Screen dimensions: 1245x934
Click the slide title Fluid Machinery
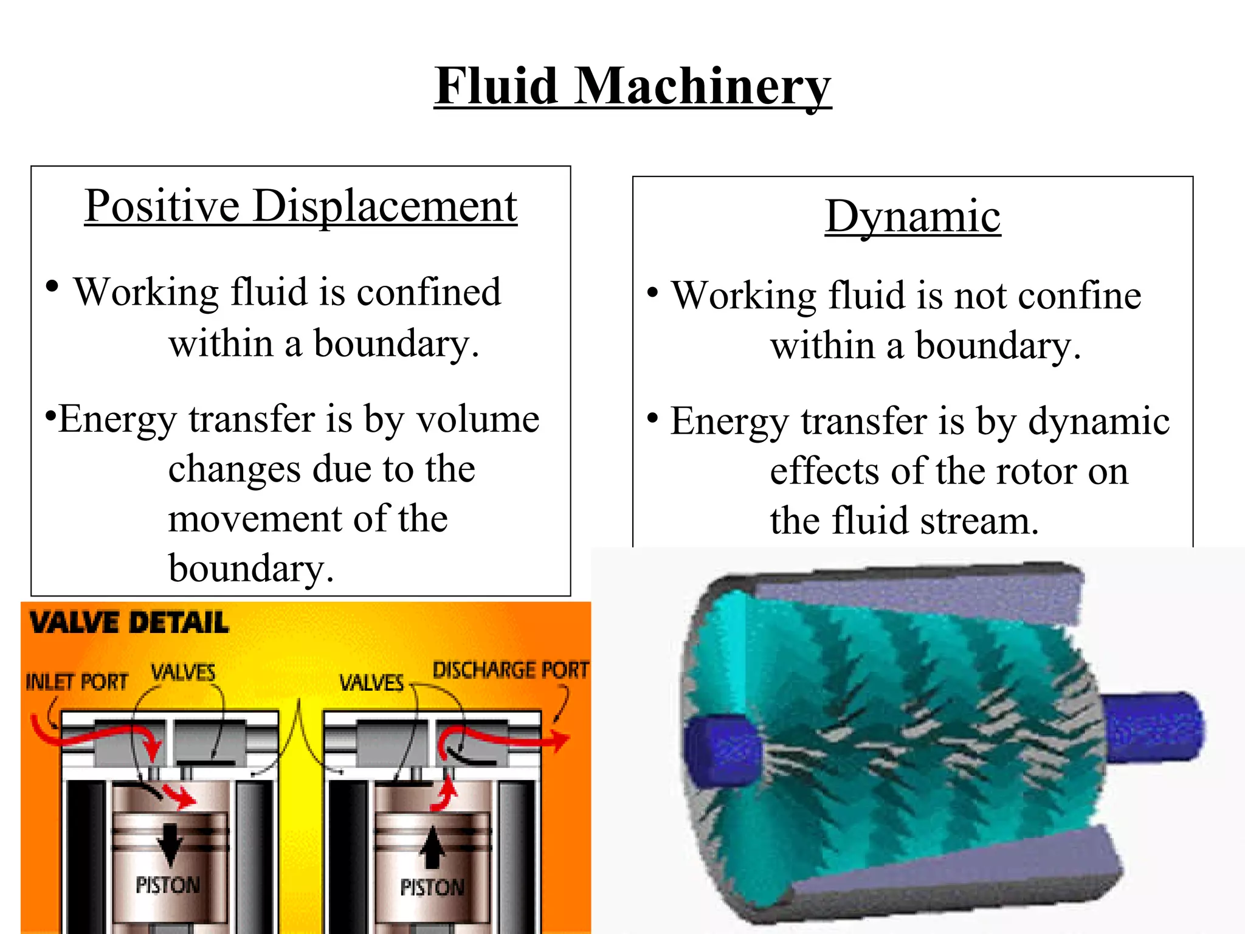pos(632,86)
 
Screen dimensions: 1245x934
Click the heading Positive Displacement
pos(301,206)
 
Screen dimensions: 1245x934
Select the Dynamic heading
pos(912,216)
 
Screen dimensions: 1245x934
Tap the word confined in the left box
pos(429,292)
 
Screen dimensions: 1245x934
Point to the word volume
pos(478,419)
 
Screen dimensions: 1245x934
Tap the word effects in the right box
pos(824,471)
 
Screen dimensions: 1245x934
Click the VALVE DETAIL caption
pos(129,623)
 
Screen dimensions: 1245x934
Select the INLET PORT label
pos(77,682)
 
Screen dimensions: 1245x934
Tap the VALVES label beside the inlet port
pos(183,673)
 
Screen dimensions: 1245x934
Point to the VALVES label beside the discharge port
pos(371,683)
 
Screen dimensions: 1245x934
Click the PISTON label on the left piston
pos(168,885)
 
